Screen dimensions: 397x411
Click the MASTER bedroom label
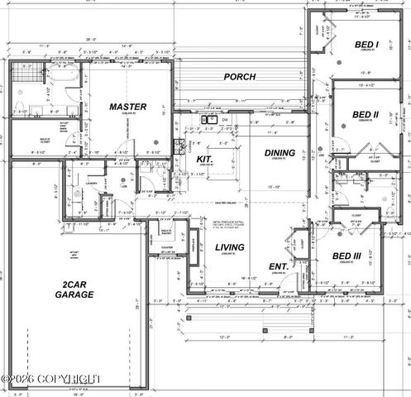click(x=128, y=107)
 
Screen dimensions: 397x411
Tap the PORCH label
click(x=241, y=77)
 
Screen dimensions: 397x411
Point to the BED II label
click(x=365, y=114)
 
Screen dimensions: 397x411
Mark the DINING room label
click(x=279, y=153)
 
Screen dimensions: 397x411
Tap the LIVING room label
click(x=229, y=246)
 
